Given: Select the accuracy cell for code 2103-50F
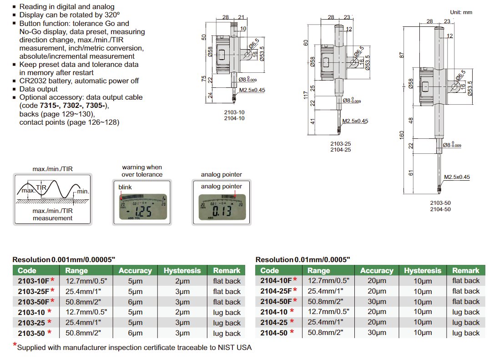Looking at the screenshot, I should pos(135,302).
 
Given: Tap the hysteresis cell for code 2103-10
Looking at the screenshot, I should pos(182,312).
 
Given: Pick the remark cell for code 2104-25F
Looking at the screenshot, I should pos(466,291).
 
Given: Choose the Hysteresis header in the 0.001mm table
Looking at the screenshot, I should pos(182,270).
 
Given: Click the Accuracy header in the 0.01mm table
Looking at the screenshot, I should pos(376,270).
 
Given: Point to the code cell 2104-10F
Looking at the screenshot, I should pos(276,281).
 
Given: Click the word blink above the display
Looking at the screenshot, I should pos(126,187).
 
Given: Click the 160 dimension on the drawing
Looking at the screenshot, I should pos(402,135).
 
